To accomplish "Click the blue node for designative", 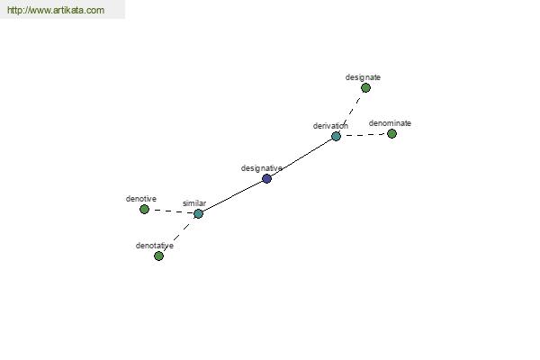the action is (267, 178).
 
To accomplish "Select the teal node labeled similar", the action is (198, 213).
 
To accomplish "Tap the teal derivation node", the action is (336, 136).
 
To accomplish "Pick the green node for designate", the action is (365, 88).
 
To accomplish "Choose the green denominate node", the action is (391, 133).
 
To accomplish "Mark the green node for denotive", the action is (145, 209).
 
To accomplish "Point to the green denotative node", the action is (158, 256).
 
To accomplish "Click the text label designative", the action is (261, 168).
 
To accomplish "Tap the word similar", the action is (194, 203).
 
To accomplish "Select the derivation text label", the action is (330, 126).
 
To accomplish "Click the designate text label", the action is (363, 77).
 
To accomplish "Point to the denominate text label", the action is (390, 123).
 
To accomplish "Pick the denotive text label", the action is (141, 199).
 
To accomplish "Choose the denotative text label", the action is (155, 246).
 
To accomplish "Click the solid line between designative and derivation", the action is (301, 157).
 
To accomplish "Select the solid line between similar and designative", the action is (233, 196).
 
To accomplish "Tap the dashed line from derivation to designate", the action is (351, 112).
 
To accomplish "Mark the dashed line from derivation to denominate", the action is (364, 135).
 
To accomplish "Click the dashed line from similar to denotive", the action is (172, 211).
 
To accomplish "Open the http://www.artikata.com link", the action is (56, 10).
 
